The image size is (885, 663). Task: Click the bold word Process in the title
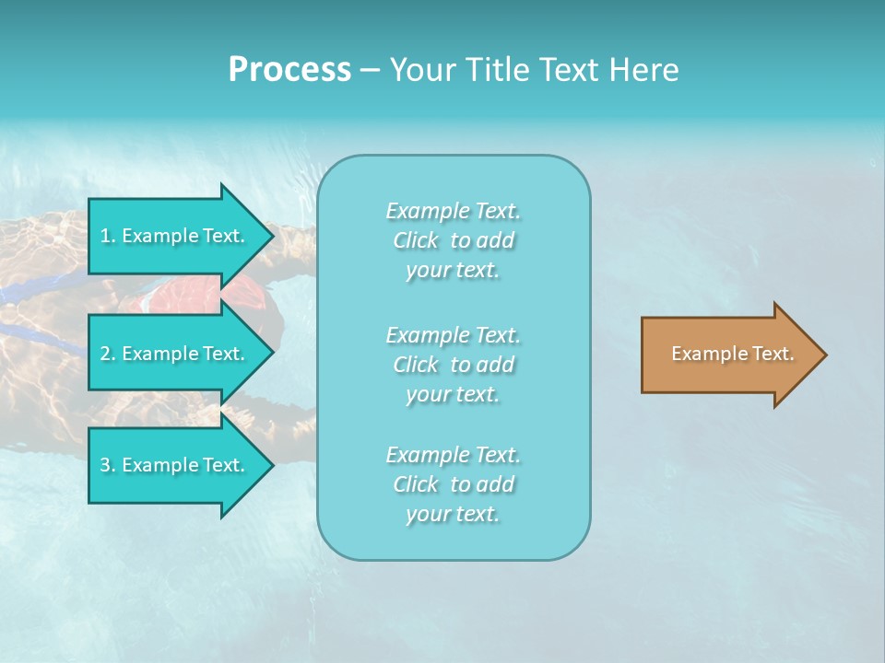pos(289,70)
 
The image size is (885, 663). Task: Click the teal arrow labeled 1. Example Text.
pos(175,236)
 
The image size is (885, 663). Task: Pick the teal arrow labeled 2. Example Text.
pos(175,354)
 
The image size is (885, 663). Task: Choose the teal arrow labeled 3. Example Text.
pos(175,465)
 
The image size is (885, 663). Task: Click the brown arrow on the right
pos(728,354)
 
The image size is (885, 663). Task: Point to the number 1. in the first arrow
pos(107,236)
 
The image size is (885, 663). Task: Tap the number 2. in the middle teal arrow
pos(107,354)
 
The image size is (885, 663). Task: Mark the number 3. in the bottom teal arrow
pos(107,465)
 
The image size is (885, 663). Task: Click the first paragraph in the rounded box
pos(453,240)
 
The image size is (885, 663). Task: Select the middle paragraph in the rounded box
pos(453,365)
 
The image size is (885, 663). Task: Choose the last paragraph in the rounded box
pos(453,484)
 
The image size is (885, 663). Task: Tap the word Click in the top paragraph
pos(416,240)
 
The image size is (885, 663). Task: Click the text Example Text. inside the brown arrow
pos(732,354)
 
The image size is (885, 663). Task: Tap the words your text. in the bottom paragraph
pos(453,514)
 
